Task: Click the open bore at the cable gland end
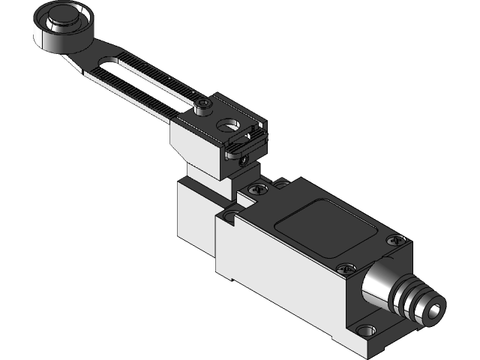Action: [433, 308]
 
